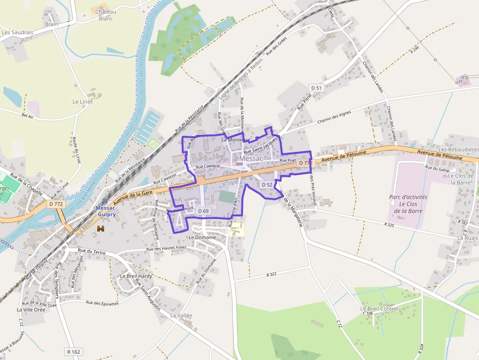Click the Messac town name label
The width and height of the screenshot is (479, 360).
251,159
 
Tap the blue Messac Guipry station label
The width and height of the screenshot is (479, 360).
106,211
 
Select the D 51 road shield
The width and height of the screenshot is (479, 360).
317,88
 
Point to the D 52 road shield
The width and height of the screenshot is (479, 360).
266,185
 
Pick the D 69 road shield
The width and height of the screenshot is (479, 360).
203,211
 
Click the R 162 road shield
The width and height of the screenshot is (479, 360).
73,351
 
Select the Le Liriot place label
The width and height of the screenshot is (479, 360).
82,102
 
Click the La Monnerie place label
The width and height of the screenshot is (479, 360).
236,140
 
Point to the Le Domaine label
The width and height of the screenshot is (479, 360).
202,237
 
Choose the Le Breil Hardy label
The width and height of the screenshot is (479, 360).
136,276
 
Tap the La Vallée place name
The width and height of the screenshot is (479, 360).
181,316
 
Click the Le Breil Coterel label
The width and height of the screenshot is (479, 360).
379,309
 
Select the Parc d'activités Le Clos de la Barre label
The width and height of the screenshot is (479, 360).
408,204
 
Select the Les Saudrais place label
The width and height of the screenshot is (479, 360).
18,33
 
